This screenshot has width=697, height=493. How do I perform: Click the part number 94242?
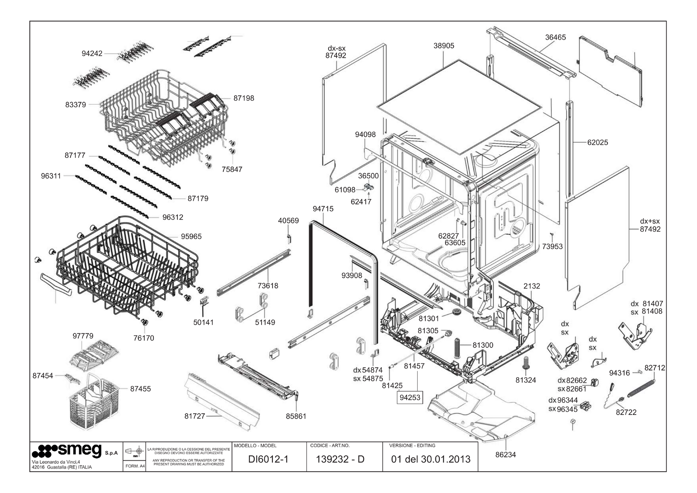92,54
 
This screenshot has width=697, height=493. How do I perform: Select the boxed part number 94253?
410,398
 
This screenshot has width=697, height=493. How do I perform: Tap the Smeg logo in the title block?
67,451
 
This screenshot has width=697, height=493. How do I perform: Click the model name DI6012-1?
268,459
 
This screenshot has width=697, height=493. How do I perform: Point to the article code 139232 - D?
340,459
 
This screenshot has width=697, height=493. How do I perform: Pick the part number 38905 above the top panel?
444,46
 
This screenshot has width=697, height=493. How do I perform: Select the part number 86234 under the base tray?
506,455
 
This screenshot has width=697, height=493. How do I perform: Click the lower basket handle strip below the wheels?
56,284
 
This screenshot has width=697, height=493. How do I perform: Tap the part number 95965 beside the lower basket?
191,237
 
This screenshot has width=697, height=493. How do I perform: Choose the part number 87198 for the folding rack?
244,98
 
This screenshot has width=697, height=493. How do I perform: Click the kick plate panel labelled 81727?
222,402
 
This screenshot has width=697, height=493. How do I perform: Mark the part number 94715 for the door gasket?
323,209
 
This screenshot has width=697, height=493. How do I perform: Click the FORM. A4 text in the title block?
135,466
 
